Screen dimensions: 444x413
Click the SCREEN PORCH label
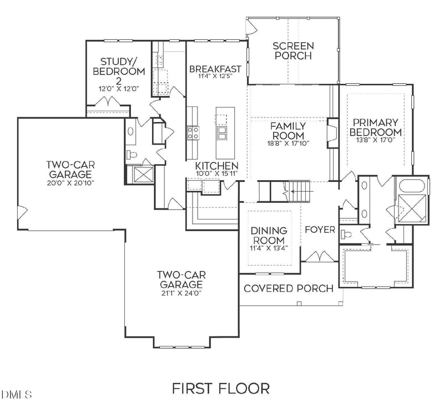pos(293,50)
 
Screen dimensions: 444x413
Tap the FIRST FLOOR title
pos(221,389)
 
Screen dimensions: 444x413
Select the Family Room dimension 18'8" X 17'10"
pos(288,144)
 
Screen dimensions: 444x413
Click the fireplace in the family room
pos(332,133)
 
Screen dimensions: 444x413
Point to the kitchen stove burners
pos(193,132)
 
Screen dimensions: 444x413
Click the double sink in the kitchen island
pos(221,133)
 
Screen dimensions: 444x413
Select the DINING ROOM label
pos(269,236)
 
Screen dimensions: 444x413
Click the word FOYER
pos(320,230)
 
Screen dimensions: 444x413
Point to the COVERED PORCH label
pos(289,288)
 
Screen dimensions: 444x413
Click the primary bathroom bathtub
pos(412,186)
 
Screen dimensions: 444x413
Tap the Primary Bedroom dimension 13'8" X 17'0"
pos(376,140)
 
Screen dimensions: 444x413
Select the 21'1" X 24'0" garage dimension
pos(181,293)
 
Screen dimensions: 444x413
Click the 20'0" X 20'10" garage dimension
pos(70,183)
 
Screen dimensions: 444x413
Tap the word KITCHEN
pos(217,166)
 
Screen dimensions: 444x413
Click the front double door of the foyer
pos(320,257)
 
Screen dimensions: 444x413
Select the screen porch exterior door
pos(251,26)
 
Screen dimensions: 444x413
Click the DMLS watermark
pos(16,395)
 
